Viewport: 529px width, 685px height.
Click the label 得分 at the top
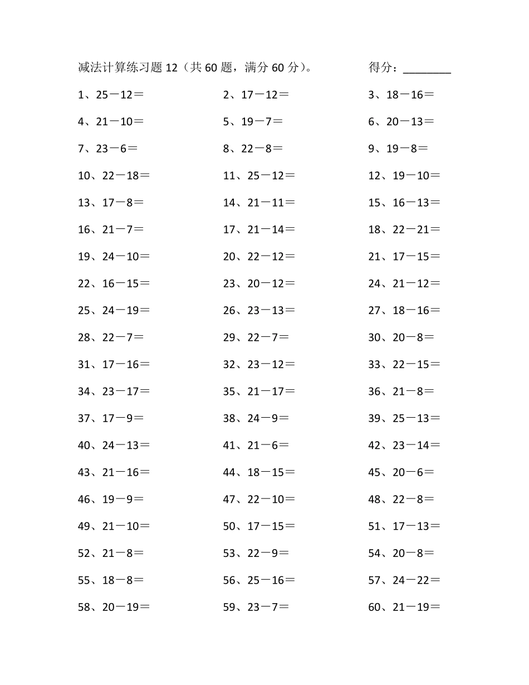click(380, 68)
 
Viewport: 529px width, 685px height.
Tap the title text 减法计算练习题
click(120, 68)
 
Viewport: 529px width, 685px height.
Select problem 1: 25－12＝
click(111, 95)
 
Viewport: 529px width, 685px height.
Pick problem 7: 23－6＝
click(108, 149)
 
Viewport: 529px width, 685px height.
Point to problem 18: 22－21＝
click(404, 229)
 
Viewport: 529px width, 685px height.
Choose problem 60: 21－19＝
click(404, 608)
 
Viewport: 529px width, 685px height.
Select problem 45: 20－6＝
click(401, 472)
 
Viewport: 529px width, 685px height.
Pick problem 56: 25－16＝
click(259, 580)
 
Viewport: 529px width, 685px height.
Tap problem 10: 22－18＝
click(114, 176)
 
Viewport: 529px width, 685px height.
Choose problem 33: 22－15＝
click(404, 364)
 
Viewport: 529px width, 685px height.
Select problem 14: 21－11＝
click(259, 203)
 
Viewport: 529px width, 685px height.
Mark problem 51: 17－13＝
click(404, 526)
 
